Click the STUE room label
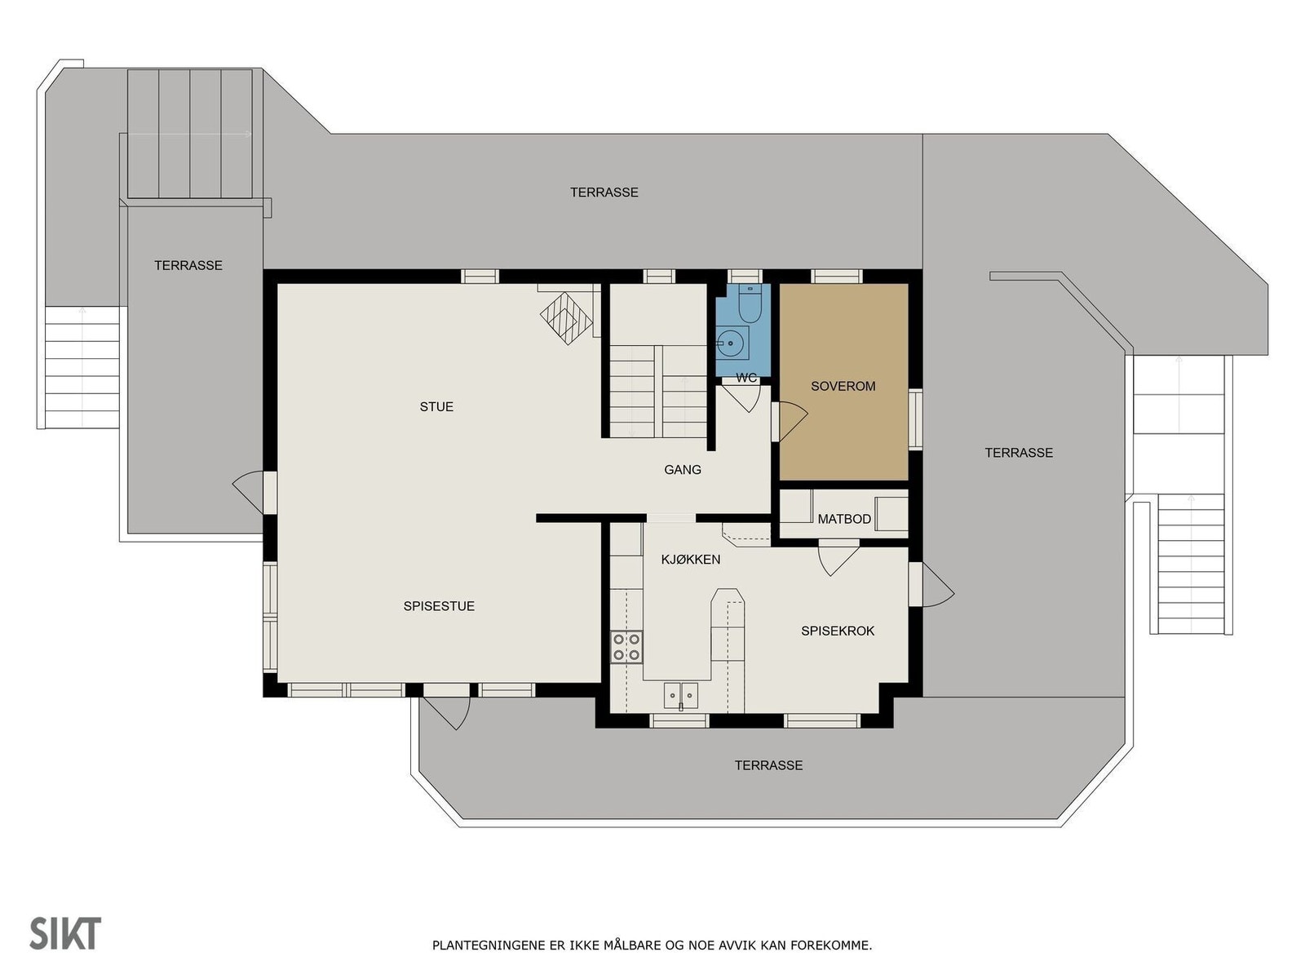tap(436, 406)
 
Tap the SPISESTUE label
tap(439, 606)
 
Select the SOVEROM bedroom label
tap(843, 386)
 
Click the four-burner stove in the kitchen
tap(626, 647)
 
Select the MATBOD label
tap(844, 519)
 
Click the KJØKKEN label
tap(690, 559)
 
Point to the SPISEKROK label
tap(838, 631)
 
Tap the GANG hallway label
tap(683, 469)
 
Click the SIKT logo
tap(65, 933)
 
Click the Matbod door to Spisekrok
tap(837, 560)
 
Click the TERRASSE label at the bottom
tap(768, 765)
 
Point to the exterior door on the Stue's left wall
tap(248, 492)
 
